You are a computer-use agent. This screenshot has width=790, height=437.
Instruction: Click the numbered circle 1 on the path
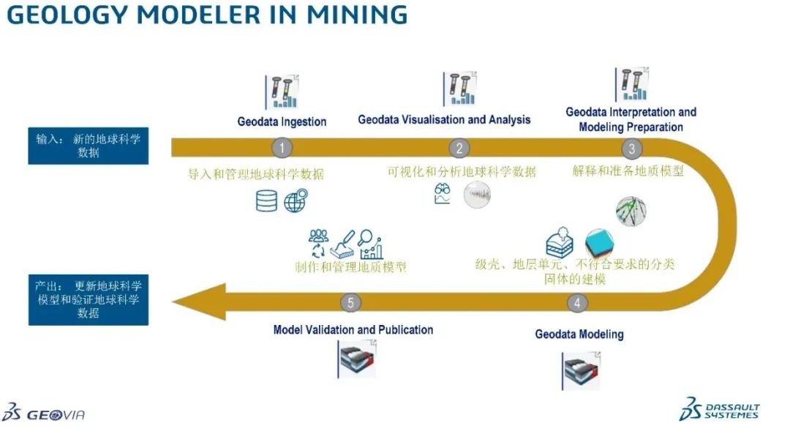[x=282, y=148]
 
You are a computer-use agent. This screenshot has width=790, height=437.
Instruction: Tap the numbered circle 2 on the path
[x=459, y=148]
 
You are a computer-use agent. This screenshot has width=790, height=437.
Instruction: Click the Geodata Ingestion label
[x=282, y=122]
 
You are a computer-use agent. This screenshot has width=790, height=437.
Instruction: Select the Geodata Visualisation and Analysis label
[x=444, y=119]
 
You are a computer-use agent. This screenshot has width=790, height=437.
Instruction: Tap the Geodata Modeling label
[x=579, y=335]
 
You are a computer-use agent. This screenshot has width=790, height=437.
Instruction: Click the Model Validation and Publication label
[x=353, y=329]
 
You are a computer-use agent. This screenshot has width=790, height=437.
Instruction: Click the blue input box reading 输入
[x=88, y=146]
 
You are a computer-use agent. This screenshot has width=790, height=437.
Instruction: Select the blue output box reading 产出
[x=88, y=299]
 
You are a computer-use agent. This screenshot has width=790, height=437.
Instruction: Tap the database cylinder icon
[x=266, y=200]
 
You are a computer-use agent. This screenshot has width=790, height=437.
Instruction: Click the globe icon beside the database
[x=295, y=200]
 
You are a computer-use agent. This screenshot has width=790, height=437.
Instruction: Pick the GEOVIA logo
[x=44, y=414]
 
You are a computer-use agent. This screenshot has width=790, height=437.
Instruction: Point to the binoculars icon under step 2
[x=442, y=194]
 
